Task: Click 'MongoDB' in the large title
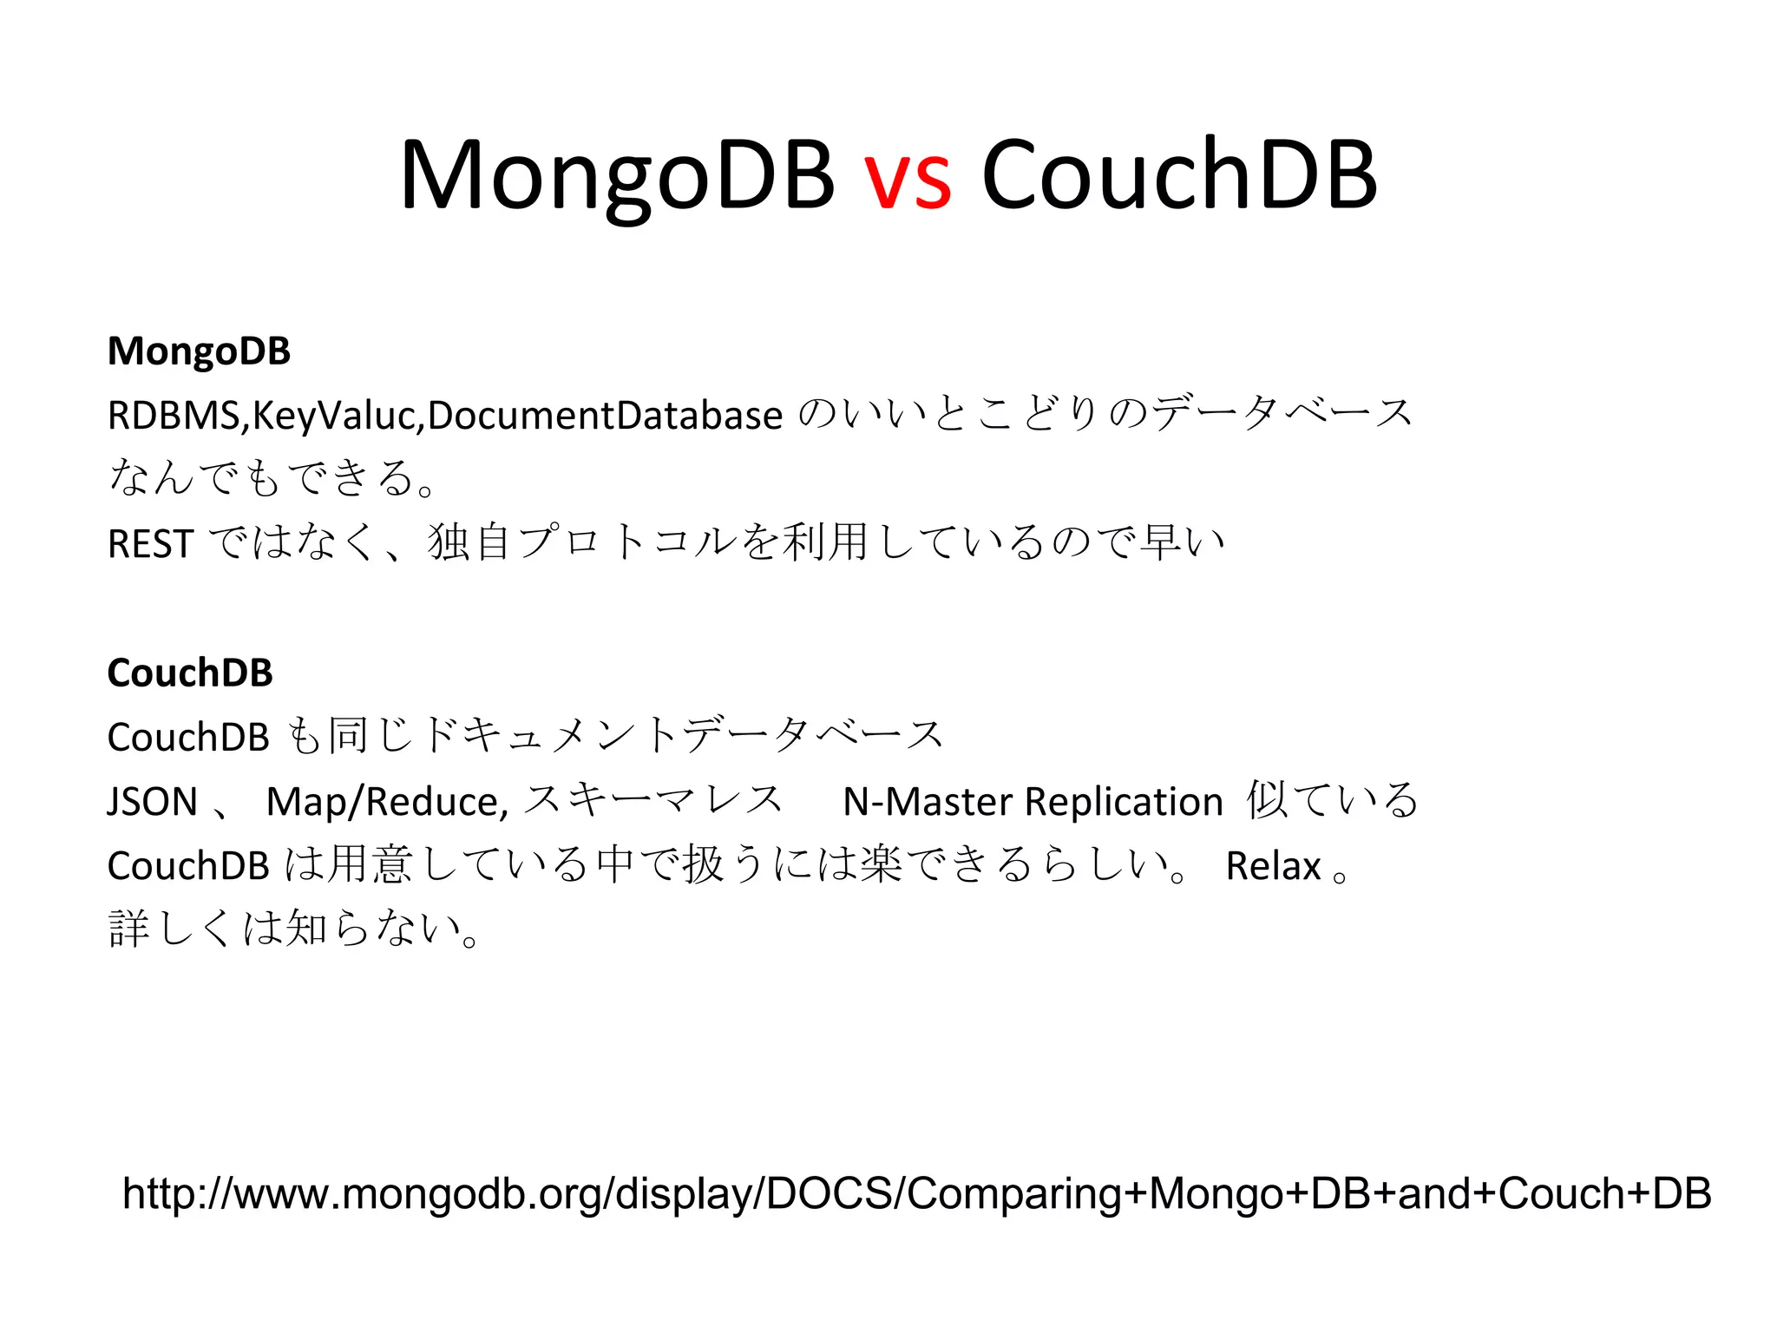[617, 177]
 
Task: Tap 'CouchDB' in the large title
[1178, 175]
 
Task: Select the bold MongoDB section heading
[199, 351]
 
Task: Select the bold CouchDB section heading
[190, 673]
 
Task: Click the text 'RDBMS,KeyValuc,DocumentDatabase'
[444, 416]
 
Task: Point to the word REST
[149, 544]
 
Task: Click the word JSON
[152, 801]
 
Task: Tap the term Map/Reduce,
[387, 802]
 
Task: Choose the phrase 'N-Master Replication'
[1033, 801]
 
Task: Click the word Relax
[1273, 866]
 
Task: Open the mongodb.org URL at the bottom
[916, 1193]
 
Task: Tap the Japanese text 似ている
[1333, 800]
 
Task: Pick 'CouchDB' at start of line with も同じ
[188, 738]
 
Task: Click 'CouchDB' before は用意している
[188, 866]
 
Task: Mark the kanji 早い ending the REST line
[1182, 542]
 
